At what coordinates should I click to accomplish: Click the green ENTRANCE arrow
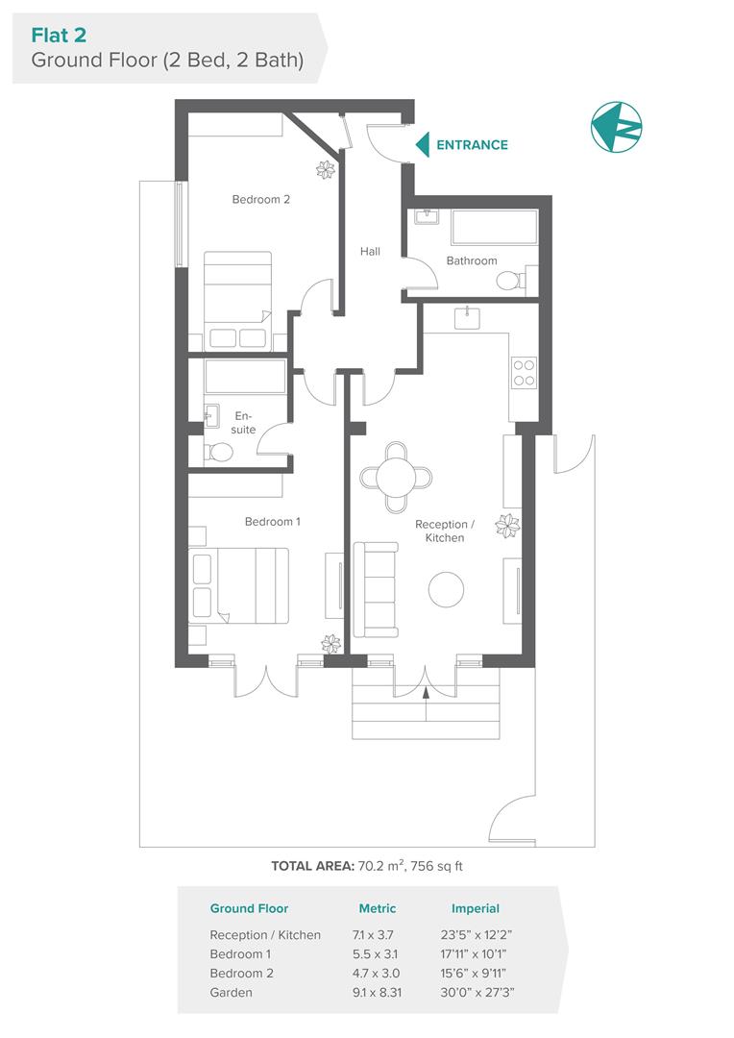point(423,145)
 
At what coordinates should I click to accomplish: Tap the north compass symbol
point(616,127)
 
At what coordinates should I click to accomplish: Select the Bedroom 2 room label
point(260,199)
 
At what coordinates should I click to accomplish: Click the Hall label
point(370,252)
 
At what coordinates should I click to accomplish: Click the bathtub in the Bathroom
point(495,227)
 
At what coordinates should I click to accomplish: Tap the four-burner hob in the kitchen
point(524,373)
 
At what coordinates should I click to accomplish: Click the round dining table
point(396,476)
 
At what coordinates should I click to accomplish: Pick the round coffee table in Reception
point(446,589)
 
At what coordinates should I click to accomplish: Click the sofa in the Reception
point(376,590)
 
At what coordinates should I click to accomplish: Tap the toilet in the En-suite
point(216,453)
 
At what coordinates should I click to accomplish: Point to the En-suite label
point(243,422)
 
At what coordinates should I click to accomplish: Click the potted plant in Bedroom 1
point(330,643)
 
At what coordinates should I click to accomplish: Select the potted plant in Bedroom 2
point(326,170)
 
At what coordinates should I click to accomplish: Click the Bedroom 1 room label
point(273,522)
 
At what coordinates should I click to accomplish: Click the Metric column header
point(378,908)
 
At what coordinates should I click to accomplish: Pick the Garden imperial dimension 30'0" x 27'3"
point(477,992)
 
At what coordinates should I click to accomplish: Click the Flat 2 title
point(59,35)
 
